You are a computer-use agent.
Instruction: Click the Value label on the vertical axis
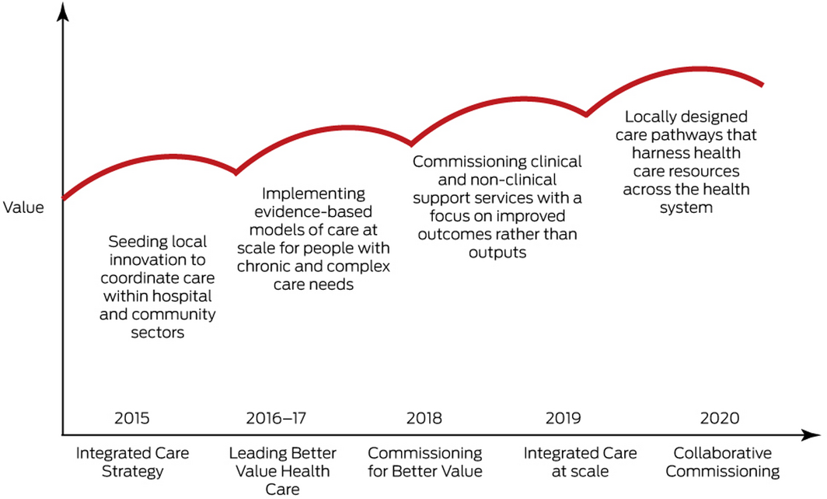point(23,208)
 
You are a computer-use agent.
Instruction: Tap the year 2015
point(131,418)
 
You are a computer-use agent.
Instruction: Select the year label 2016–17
point(276,418)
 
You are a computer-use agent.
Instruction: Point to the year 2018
point(424,418)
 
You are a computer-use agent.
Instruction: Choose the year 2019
point(564,418)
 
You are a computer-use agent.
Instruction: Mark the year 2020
point(720,418)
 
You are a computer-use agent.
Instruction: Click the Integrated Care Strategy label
point(131,461)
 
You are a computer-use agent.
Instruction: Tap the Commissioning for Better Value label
point(424,461)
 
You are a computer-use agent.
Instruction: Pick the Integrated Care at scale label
point(580,461)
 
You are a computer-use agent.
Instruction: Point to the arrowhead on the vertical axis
point(63,12)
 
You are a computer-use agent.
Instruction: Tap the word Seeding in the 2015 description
point(133,241)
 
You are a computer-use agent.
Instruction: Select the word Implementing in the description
point(313,194)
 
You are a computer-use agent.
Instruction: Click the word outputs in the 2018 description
point(497,252)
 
